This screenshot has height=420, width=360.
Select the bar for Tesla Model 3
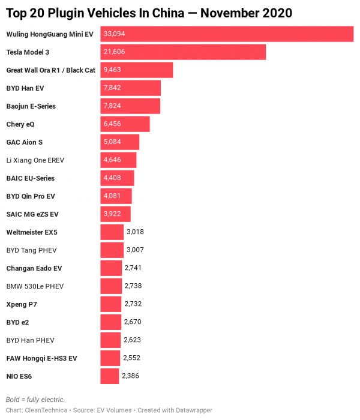(183, 52)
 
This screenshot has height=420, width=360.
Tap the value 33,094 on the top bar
(114, 34)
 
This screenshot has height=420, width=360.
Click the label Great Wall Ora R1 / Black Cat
(50, 70)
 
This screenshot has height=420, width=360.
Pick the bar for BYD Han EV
(130, 88)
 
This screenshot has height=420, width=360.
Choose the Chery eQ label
(20, 124)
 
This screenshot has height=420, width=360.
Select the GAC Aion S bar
(119, 142)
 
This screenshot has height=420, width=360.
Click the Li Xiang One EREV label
(35, 160)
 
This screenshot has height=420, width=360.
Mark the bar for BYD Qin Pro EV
(116, 196)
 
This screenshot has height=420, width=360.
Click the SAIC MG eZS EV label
(32, 214)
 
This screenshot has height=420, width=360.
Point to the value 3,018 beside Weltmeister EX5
(135, 232)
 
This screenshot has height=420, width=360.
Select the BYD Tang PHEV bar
(112, 250)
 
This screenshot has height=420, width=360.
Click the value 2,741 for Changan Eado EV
(133, 268)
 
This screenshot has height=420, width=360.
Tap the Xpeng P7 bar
(110, 304)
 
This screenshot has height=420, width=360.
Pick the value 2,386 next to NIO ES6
(131, 376)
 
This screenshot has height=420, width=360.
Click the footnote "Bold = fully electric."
(35, 400)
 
